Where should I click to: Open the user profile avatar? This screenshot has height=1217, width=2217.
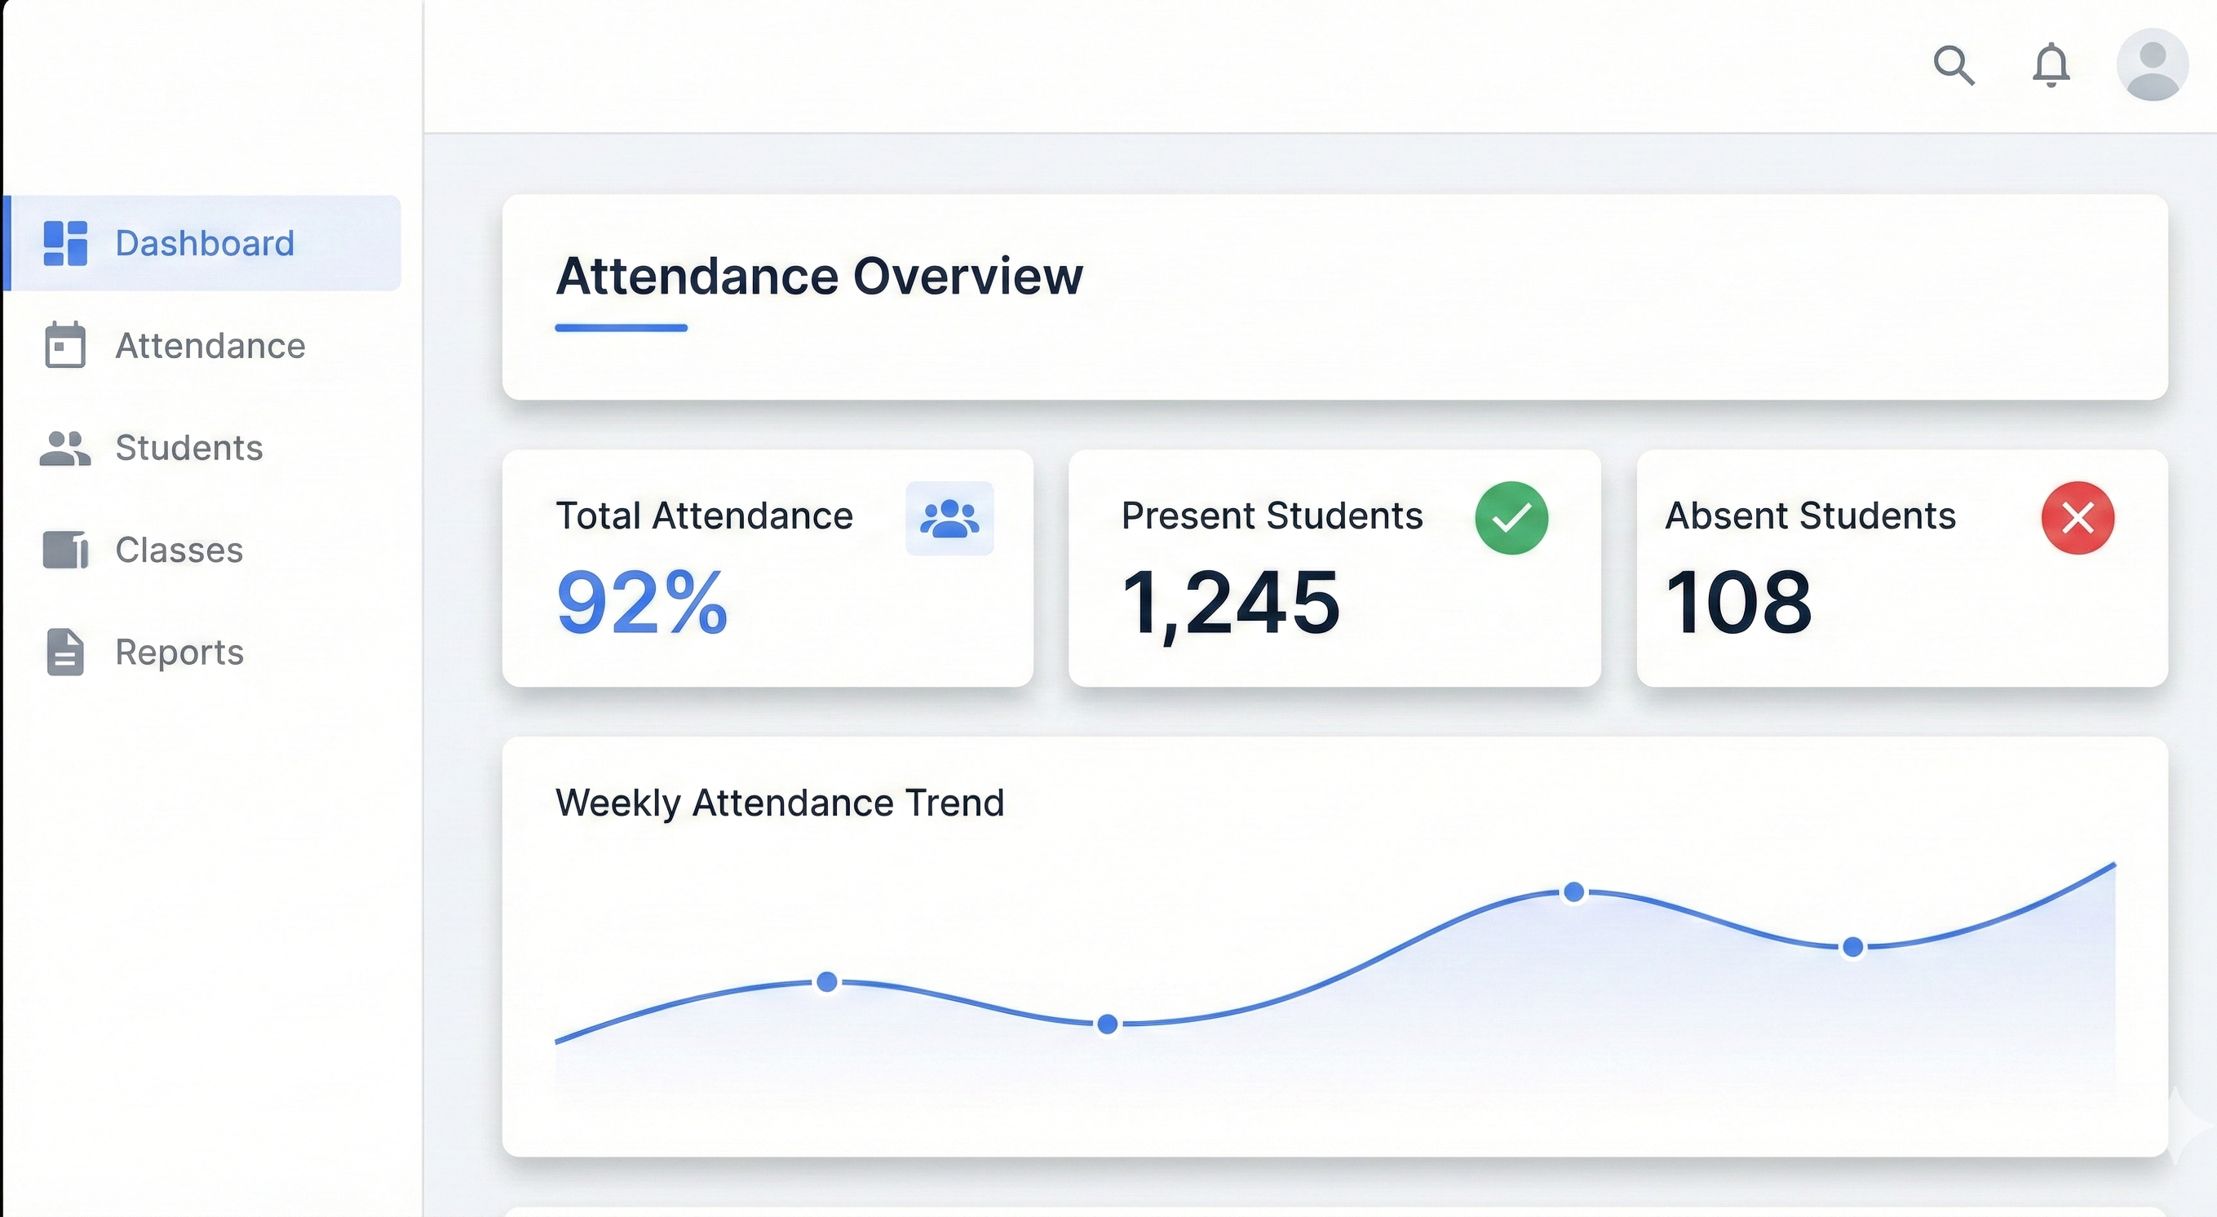(x=2152, y=64)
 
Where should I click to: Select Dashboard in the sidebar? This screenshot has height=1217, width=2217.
(x=204, y=244)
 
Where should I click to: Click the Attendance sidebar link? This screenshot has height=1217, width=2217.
(x=210, y=346)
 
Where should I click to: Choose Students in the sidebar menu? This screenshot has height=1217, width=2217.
(x=188, y=448)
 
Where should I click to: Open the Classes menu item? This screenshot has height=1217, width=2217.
(x=179, y=550)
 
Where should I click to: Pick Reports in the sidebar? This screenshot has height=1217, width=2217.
(x=179, y=653)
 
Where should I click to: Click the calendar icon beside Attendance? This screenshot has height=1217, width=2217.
(x=65, y=345)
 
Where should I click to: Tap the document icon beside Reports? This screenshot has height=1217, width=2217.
(x=65, y=653)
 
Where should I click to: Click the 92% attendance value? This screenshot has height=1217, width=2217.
(x=642, y=603)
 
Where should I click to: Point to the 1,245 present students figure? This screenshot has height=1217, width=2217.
(x=1231, y=603)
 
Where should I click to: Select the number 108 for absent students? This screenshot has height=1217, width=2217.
(x=1738, y=603)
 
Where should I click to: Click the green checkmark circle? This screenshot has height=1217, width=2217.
(x=1511, y=518)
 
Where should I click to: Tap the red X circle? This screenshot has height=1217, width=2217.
(x=2078, y=518)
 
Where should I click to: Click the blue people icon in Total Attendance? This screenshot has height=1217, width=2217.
(x=949, y=518)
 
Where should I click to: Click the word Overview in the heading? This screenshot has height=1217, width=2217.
(x=967, y=277)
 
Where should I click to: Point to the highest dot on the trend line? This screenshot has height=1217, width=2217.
(x=1574, y=892)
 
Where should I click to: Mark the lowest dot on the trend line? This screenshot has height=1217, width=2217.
(x=1108, y=1024)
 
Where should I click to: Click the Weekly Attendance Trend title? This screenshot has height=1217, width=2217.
(x=780, y=803)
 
